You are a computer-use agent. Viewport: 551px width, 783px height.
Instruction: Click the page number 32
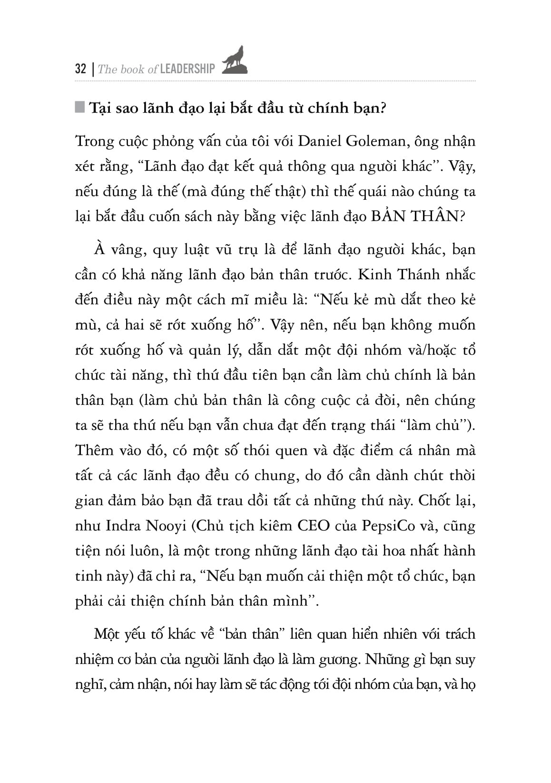80,69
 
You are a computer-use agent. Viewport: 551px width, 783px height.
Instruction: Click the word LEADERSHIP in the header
187,69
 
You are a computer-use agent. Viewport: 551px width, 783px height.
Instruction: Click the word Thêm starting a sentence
94,450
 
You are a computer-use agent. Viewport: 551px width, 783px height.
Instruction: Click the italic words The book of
128,69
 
